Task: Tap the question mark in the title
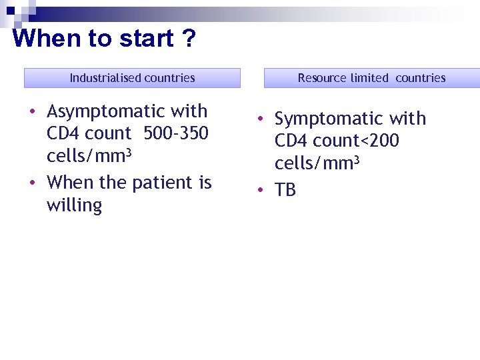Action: (x=189, y=39)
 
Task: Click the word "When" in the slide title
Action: (x=46, y=39)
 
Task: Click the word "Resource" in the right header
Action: (x=322, y=78)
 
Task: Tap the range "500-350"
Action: (x=176, y=133)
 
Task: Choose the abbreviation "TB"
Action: (x=285, y=190)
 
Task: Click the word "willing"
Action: (x=74, y=205)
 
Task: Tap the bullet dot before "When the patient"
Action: (x=33, y=181)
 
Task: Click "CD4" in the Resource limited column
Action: (x=291, y=141)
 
